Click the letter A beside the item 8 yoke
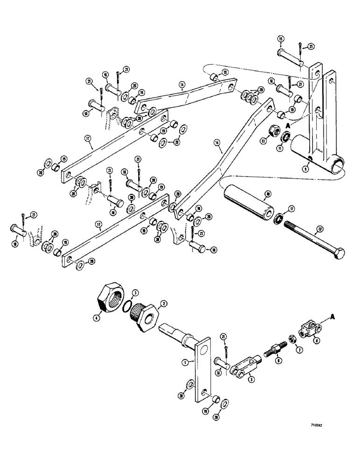(x=332, y=317)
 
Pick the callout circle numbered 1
(x=185, y=361)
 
